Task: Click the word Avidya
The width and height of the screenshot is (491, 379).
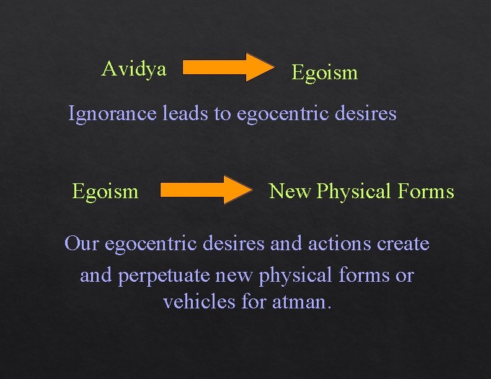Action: coord(134,69)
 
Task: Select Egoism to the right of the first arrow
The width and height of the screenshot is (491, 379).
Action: coord(324,73)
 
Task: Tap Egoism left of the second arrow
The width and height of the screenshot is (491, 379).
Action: coord(105,191)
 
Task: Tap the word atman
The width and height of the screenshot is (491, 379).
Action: coord(302,303)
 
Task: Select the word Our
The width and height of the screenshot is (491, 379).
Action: coord(81,244)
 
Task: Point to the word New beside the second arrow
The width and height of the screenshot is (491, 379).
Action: coord(290,191)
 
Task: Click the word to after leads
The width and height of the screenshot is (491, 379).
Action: coord(223,115)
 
